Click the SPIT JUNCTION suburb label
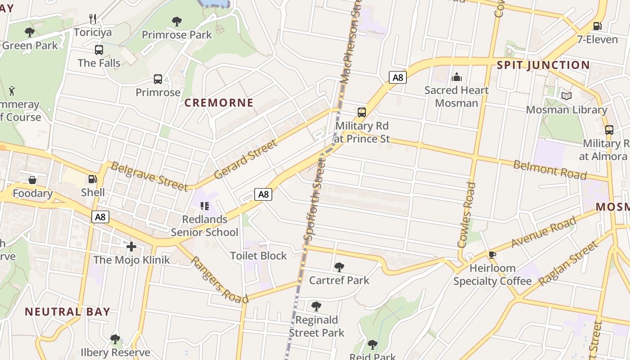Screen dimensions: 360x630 543,65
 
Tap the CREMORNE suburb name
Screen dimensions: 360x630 219,103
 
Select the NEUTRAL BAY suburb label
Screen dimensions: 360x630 67,311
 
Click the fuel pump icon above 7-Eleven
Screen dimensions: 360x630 598,26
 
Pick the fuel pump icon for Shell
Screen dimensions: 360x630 93,179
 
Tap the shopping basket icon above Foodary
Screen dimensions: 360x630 32,180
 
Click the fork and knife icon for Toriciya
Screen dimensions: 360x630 93,19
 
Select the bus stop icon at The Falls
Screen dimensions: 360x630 99,50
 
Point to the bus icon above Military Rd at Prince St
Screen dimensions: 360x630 362,112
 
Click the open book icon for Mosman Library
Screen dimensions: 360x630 567,96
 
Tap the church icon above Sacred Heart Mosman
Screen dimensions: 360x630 457,77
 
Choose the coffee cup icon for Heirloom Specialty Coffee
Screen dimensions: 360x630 492,255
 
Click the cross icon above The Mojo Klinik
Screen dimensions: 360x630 131,247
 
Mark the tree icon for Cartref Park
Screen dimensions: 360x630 339,267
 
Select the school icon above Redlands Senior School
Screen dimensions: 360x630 205,206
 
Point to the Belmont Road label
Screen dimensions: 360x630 550,169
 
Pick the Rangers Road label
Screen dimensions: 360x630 219,280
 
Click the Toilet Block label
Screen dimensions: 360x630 258,256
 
